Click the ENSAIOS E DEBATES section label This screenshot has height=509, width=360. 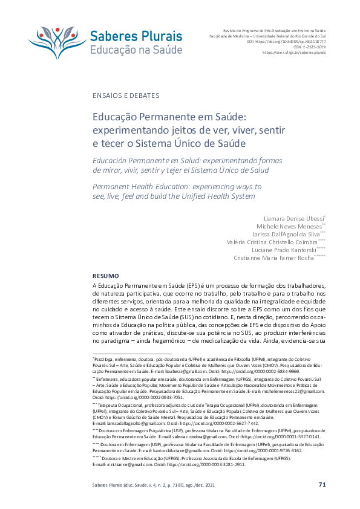(126, 96)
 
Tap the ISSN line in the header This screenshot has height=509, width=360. (312, 47)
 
